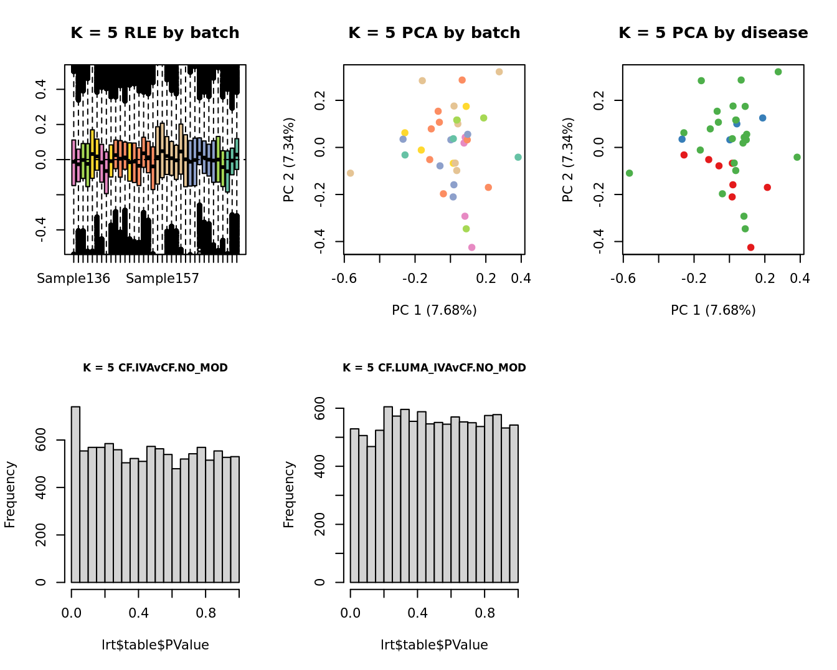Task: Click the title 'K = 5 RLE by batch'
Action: [x=154, y=33]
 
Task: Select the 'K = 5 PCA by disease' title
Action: [x=713, y=33]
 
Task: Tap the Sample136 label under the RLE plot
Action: [x=73, y=279]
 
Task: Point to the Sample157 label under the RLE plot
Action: [x=163, y=279]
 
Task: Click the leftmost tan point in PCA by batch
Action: [x=351, y=173]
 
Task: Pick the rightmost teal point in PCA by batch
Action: [x=518, y=158]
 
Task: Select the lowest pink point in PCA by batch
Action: [x=471, y=247]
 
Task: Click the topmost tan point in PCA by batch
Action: [x=499, y=72]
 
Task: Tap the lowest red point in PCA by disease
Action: [x=750, y=247]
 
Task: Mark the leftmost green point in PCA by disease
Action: [x=630, y=173]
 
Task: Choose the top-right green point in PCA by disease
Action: [x=778, y=72]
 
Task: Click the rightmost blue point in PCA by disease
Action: [x=762, y=118]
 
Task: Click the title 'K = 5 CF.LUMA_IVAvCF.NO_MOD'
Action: [x=434, y=368]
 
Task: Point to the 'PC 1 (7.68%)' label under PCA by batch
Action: [x=434, y=310]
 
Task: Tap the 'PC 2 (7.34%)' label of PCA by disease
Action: [x=567, y=160]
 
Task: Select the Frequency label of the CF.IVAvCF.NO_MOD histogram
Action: [x=10, y=494]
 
